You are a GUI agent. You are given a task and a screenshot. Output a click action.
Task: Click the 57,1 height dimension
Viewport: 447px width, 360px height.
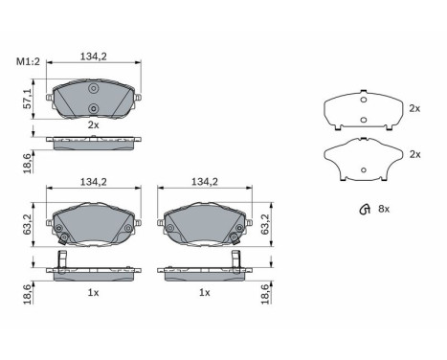[x=27, y=99]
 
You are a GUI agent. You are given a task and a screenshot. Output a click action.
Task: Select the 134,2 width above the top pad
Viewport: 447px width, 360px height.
[x=94, y=56]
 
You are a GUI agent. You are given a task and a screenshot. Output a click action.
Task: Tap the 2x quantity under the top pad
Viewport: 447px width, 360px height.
[x=93, y=125]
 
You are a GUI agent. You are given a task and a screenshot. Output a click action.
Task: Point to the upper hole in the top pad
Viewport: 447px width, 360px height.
[x=94, y=90]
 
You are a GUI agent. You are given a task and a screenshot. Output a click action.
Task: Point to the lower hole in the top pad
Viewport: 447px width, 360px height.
[x=94, y=108]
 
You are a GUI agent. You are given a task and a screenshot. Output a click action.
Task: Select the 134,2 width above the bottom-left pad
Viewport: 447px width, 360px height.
[x=94, y=180]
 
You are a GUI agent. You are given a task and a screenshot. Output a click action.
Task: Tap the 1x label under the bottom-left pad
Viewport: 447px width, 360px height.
[x=93, y=292]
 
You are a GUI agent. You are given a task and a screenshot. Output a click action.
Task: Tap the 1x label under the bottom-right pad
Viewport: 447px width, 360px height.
[x=204, y=292]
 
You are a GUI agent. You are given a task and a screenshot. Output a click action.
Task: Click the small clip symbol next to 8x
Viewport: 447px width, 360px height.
[x=363, y=210]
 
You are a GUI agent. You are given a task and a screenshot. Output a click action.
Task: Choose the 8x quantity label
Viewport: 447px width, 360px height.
[x=385, y=210]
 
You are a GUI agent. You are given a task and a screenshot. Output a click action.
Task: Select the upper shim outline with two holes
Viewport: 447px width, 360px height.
[x=363, y=109]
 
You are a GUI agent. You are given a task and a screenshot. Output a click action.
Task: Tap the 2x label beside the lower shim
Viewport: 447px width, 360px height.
[x=414, y=154]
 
